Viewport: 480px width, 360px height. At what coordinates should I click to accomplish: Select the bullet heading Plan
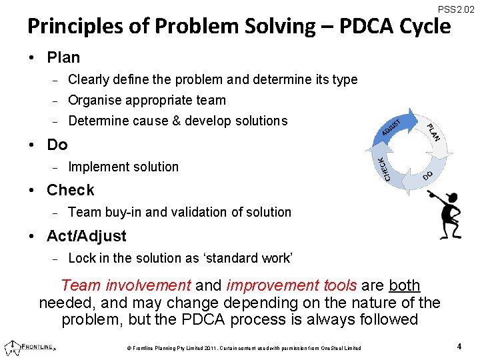63,58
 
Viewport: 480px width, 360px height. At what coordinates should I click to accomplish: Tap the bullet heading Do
57,144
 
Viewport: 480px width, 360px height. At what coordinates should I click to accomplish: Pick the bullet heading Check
70,190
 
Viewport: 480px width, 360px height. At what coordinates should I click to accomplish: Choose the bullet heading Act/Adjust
86,236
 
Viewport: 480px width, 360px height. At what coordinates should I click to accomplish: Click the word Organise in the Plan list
95,101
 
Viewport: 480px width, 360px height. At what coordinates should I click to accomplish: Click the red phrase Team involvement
125,286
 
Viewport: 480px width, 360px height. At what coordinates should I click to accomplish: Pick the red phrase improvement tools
291,286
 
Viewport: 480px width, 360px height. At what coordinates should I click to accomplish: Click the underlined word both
404,286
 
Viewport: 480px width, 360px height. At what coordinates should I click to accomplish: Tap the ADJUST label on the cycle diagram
392,127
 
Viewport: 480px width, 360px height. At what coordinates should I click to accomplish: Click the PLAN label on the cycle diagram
434,131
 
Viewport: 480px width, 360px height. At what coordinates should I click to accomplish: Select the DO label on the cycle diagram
428,175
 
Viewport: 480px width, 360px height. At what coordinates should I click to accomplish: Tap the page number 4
459,346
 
